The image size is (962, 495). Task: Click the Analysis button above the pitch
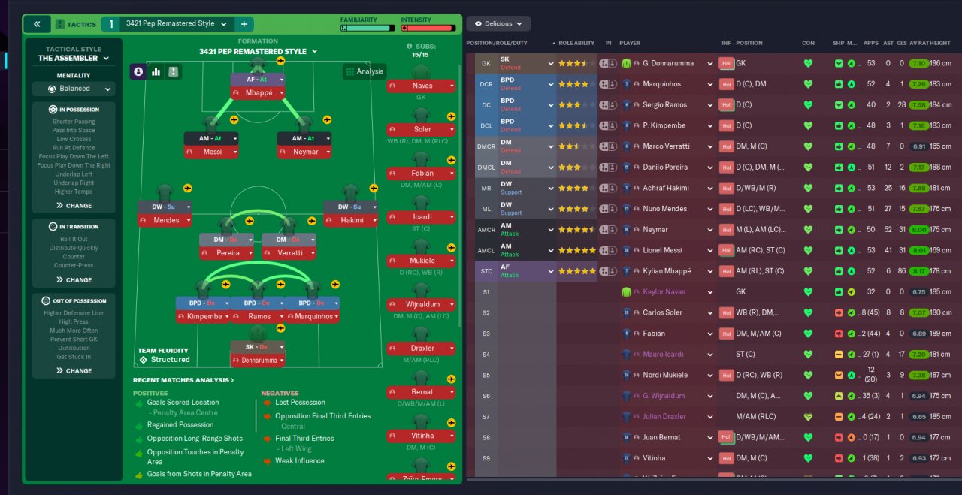364,71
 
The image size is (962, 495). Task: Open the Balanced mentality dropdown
74,89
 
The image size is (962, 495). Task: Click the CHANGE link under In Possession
74,205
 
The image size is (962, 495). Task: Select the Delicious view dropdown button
498,23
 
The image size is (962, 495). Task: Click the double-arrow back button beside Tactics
36,24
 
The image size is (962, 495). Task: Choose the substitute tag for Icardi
421,217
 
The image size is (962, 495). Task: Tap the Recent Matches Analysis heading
183,380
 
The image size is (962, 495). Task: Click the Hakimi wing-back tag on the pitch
350,220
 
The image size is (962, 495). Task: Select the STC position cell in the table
486,271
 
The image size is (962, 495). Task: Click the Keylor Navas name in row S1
664,291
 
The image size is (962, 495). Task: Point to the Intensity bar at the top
428,28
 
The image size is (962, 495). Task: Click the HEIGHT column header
940,43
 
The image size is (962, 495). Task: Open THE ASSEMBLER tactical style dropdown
74,58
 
